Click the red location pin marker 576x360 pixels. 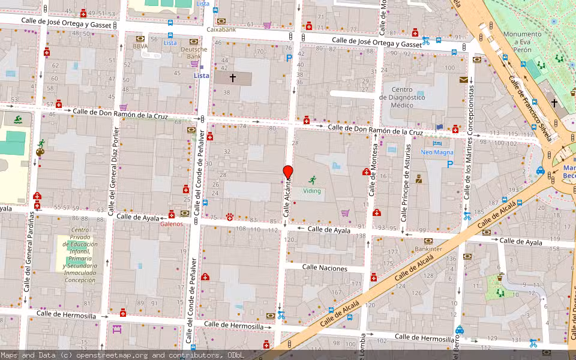(287, 173)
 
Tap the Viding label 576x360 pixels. (312, 191)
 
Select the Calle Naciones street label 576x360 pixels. (325, 268)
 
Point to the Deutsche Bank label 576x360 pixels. (193, 53)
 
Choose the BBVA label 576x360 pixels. (140, 46)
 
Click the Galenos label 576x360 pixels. (172, 224)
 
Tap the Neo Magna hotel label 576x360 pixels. (437, 152)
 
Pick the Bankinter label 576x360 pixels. (428, 248)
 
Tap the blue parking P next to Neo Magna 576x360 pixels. (450, 163)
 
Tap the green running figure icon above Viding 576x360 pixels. (312, 179)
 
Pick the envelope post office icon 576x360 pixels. (464, 79)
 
